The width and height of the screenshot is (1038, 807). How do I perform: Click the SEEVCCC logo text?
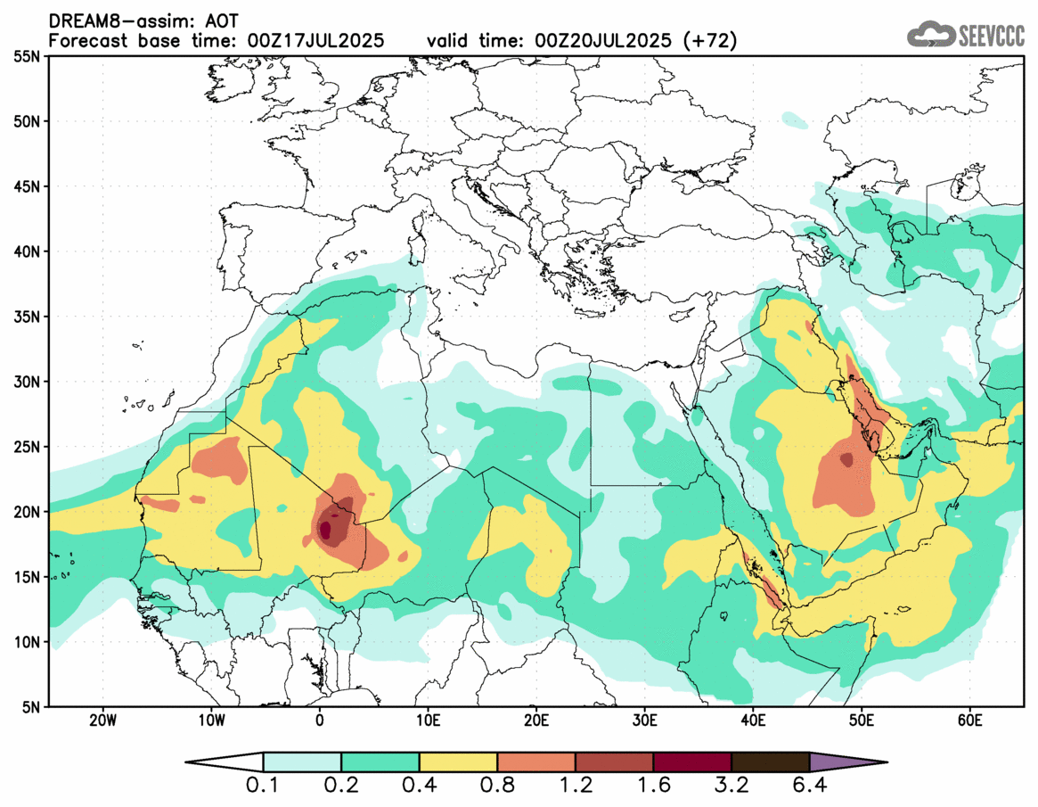[991, 36]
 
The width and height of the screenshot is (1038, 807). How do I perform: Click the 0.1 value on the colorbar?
[264, 786]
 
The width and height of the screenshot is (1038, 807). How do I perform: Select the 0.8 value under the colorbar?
[497, 786]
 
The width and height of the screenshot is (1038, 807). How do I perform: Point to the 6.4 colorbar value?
[809, 786]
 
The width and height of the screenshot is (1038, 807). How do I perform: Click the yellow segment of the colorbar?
[458, 762]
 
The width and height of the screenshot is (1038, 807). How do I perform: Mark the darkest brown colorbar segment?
[770, 762]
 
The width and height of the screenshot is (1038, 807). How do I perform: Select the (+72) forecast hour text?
[708, 41]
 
